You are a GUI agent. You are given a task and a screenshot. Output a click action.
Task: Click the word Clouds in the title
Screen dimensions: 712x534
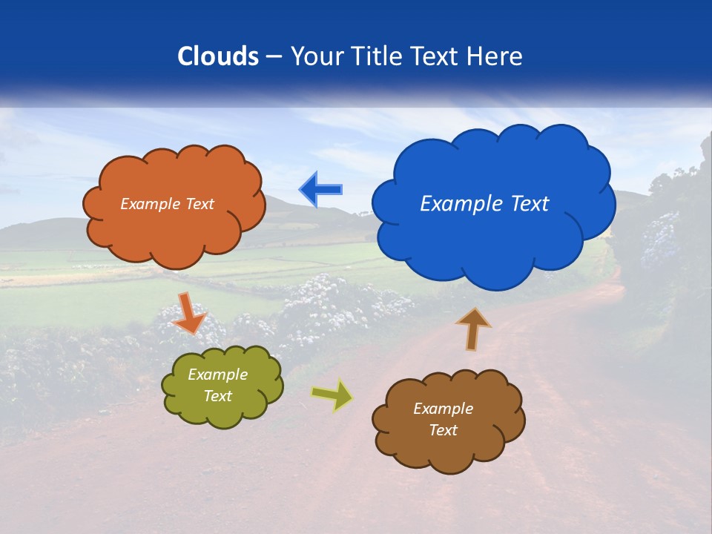coord(218,56)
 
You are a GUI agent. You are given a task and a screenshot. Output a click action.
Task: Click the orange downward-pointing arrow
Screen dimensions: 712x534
coord(189,313)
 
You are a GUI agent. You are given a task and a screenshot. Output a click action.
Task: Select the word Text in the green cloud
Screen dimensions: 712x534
coord(218,396)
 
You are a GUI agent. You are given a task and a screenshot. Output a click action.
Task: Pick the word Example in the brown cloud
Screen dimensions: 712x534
coord(443,409)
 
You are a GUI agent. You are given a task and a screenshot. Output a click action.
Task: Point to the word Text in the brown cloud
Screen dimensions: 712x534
coord(443,430)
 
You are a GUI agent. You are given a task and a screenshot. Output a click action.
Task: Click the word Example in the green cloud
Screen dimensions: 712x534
coord(218,375)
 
